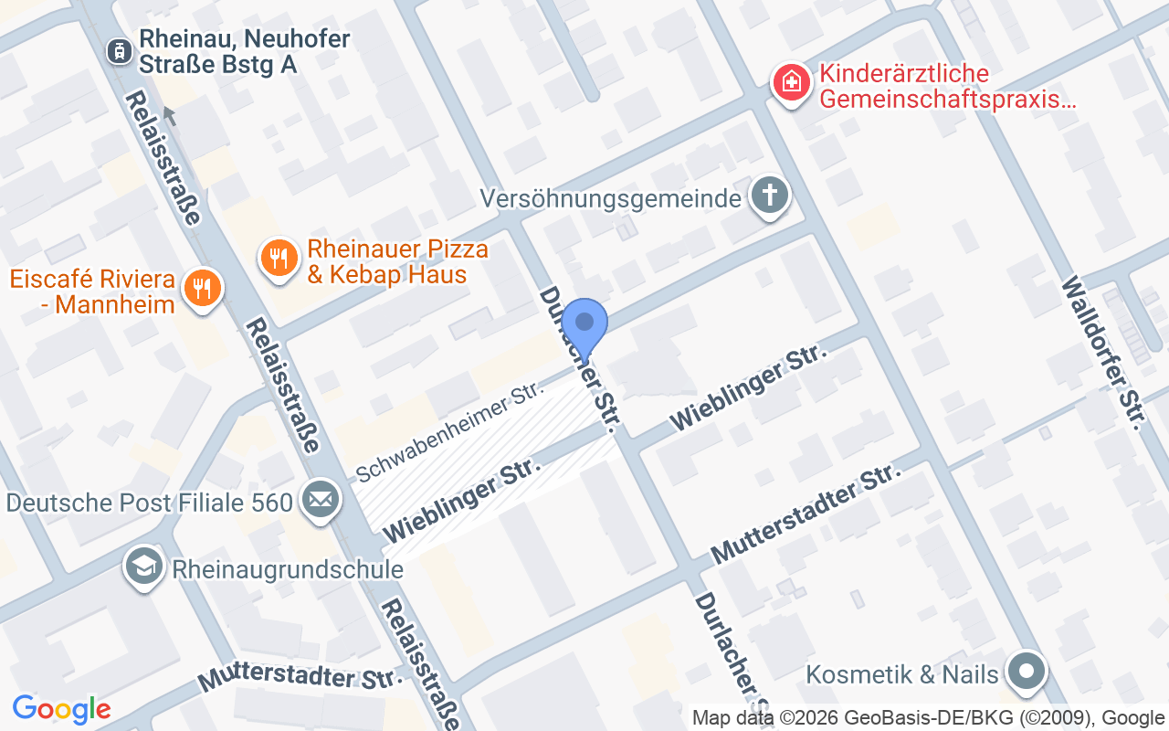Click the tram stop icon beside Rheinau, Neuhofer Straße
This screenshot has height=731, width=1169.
[118, 51]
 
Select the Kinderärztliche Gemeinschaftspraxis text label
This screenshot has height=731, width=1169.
[947, 86]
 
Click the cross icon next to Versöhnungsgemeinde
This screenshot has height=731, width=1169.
[770, 195]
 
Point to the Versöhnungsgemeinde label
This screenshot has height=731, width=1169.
[610, 198]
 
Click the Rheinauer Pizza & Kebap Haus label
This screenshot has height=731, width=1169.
[397, 261]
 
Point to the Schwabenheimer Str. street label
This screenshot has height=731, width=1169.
[451, 431]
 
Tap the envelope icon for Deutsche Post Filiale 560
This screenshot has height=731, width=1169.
[320, 500]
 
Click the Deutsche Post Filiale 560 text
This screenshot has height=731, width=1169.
[150, 503]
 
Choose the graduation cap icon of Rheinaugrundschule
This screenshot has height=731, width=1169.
[144, 567]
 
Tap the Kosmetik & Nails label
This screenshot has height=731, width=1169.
[902, 674]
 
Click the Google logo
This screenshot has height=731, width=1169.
[61, 708]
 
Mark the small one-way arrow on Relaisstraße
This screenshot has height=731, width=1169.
[169, 115]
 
